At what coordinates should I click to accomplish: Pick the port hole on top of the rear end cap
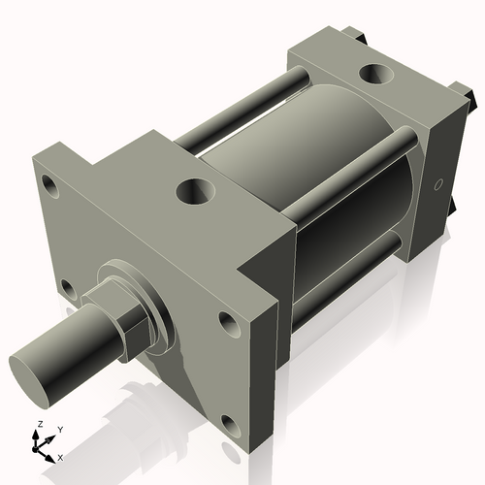[x=372, y=74]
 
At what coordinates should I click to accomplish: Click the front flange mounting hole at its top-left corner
[x=47, y=182]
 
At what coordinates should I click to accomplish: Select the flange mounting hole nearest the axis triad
[x=66, y=287]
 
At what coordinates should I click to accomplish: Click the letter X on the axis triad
[x=61, y=456]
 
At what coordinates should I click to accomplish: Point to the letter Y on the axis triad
[x=59, y=428]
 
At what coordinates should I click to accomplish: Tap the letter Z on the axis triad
[x=36, y=424]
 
